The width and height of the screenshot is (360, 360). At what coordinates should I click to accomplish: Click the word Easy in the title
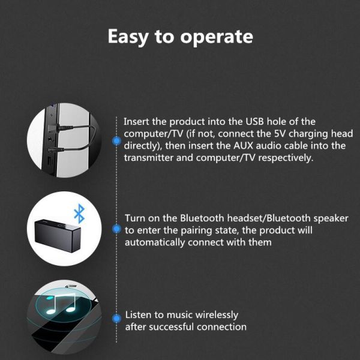(x=128, y=37)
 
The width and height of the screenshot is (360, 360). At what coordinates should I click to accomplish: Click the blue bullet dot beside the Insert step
(x=116, y=140)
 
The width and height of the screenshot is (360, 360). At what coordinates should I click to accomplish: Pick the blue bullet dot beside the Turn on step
(x=116, y=229)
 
